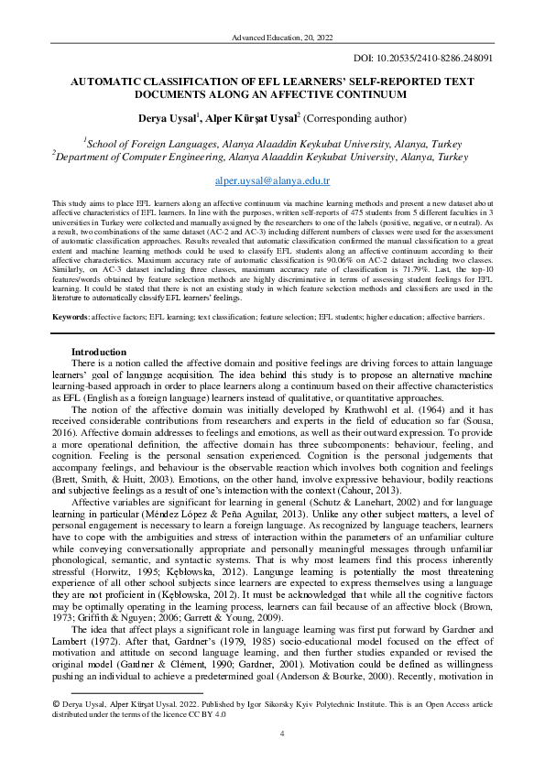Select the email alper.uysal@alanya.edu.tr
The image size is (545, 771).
coord(272,182)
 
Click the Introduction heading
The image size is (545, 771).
coord(99,353)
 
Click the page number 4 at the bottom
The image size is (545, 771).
coord(281,734)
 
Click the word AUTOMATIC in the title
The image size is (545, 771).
coord(116,81)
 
